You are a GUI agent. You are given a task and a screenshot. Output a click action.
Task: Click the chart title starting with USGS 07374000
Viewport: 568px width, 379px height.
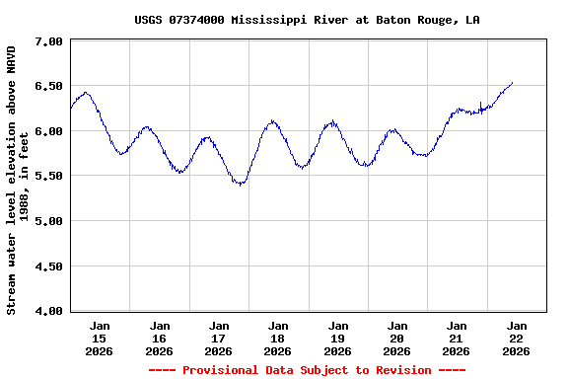pyautogui.click(x=307, y=20)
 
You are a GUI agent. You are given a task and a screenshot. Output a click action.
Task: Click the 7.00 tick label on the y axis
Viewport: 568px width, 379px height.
pyautogui.click(x=49, y=41)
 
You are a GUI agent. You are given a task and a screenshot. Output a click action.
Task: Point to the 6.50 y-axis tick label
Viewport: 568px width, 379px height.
pyautogui.click(x=49, y=87)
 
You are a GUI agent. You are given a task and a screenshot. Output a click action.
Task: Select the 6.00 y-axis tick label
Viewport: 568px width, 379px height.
pyautogui.click(x=49, y=131)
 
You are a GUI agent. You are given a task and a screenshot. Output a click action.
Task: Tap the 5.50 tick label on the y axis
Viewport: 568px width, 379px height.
pyautogui.click(x=49, y=177)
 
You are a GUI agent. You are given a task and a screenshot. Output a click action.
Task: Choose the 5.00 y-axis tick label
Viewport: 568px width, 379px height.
pyautogui.click(x=49, y=221)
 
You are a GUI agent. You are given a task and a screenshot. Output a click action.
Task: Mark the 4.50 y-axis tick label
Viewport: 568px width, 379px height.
pyautogui.click(x=49, y=266)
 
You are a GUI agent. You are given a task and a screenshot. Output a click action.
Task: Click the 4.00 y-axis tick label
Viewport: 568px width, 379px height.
pyautogui.click(x=49, y=311)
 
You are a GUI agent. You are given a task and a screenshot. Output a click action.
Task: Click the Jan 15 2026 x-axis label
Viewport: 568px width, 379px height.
pyautogui.click(x=100, y=338)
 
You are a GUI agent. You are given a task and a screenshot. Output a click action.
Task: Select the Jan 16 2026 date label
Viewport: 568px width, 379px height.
pyautogui.click(x=159, y=338)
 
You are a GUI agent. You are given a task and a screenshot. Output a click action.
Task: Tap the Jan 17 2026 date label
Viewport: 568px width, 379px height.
pyautogui.click(x=219, y=338)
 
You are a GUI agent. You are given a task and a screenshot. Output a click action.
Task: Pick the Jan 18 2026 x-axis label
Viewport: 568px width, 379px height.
pyautogui.click(x=278, y=338)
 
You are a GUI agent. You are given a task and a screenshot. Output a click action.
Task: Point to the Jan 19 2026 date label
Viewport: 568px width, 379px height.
pyautogui.click(x=337, y=338)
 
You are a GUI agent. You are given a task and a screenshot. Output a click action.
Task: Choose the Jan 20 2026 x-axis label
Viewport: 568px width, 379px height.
pyautogui.click(x=397, y=338)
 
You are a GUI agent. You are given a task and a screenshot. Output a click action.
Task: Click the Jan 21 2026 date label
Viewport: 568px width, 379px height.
pyautogui.click(x=457, y=338)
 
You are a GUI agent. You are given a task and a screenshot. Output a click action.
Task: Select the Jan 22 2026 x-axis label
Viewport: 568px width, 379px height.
pyautogui.click(x=516, y=338)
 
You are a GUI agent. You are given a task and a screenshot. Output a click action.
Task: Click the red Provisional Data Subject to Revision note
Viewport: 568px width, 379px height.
pyautogui.click(x=307, y=370)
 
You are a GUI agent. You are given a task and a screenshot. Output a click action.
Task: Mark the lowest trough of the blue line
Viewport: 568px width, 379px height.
pyautogui.click(x=240, y=185)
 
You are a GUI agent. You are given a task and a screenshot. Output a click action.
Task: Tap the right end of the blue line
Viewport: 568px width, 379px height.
pyautogui.click(x=512, y=83)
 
